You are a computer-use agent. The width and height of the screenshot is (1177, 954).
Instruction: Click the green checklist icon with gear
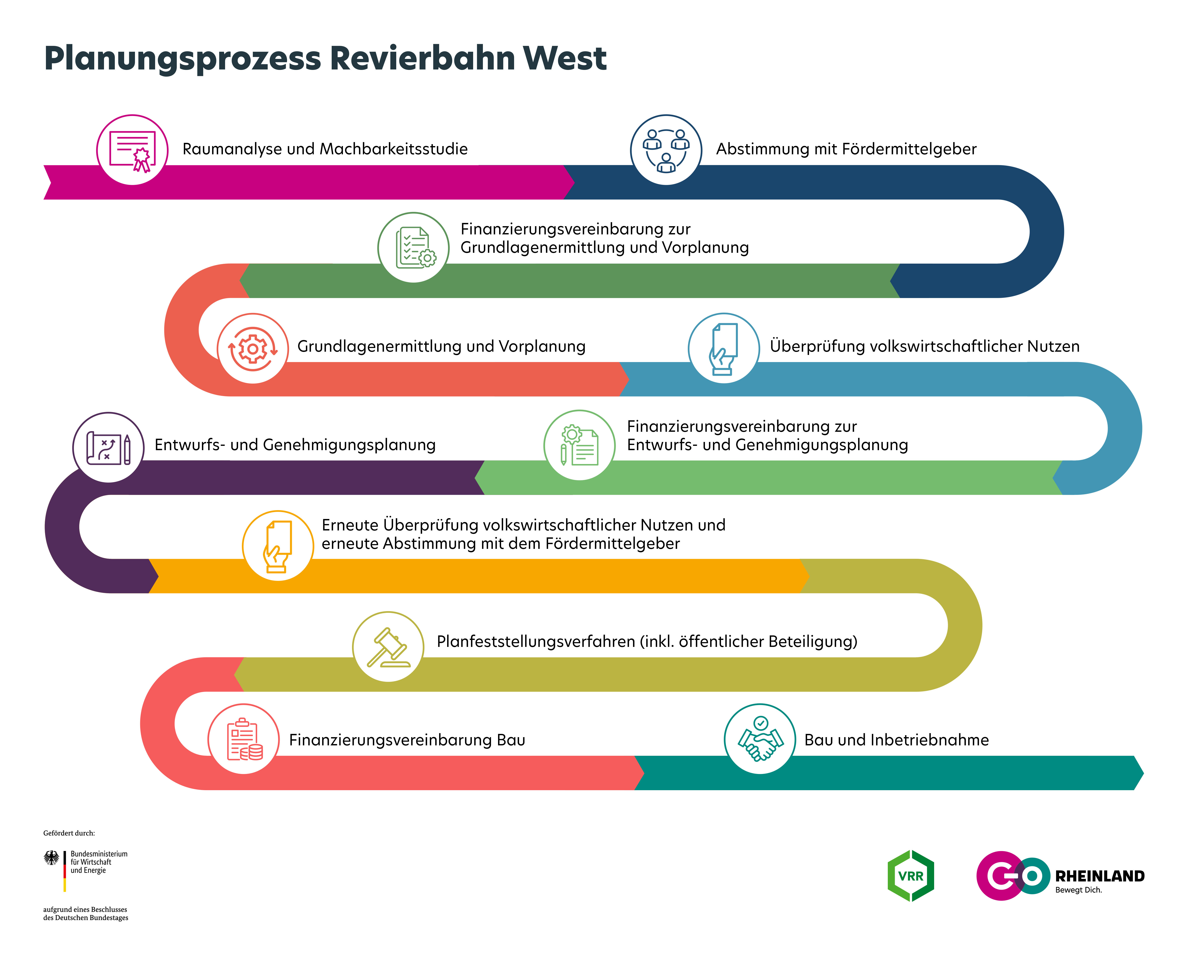(x=414, y=248)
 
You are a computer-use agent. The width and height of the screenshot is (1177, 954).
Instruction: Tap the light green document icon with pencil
(x=579, y=445)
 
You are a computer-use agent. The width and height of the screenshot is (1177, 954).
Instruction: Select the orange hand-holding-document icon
(x=278, y=546)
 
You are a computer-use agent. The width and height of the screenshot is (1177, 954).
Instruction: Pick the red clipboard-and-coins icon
(x=244, y=739)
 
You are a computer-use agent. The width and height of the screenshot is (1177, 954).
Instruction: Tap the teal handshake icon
(x=760, y=739)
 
